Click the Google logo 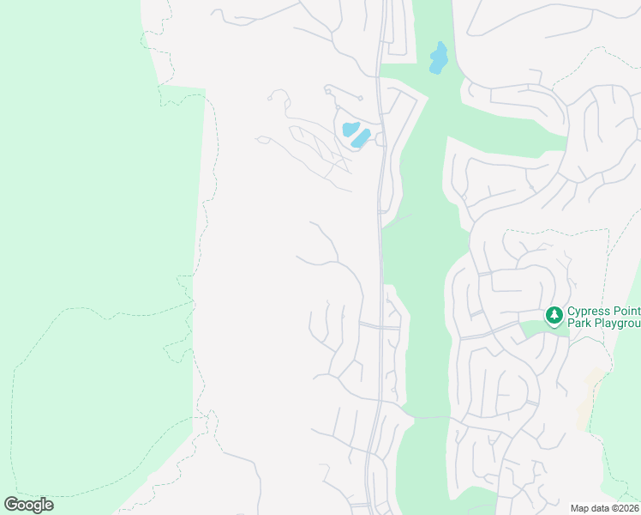coord(28,505)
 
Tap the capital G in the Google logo coord(11,505)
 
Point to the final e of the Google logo coord(48,506)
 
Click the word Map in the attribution coord(581,508)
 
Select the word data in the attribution coord(602,508)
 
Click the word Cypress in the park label coord(590,311)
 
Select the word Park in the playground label coord(579,324)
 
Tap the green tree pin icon coord(554,317)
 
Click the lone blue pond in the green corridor coord(439,58)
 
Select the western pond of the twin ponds coord(350,130)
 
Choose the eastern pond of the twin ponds coord(361,137)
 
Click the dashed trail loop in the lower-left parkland coord(94,403)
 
